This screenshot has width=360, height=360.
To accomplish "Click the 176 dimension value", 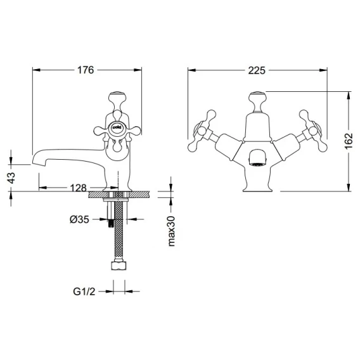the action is (x=86, y=70).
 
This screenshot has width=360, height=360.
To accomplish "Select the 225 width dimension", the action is (x=257, y=70).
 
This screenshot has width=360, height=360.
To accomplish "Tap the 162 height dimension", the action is (x=349, y=141).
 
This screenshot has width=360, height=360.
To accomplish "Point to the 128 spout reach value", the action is (x=79, y=188).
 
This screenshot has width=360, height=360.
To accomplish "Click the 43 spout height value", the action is (x=11, y=177).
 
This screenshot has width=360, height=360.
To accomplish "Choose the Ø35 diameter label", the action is (x=79, y=220).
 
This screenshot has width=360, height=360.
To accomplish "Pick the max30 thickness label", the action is (x=171, y=231).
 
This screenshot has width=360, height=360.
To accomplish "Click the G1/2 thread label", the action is (x=84, y=292).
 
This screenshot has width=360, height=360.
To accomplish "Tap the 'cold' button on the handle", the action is (x=117, y=127).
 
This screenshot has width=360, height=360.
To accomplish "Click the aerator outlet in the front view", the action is (x=257, y=157).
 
